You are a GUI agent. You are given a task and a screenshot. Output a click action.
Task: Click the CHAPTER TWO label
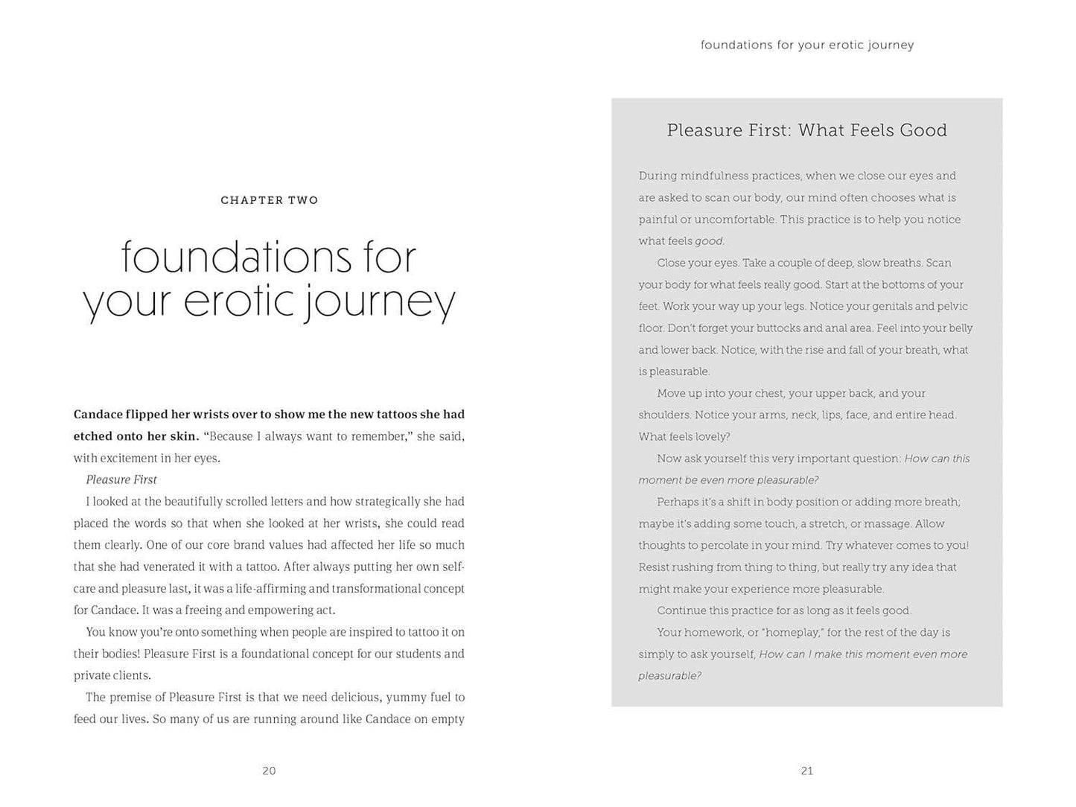click(x=270, y=200)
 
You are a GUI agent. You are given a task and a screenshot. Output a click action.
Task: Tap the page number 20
click(x=269, y=771)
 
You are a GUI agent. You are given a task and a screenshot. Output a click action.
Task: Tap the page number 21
click(x=806, y=771)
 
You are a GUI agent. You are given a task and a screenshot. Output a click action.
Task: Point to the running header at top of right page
click(x=806, y=45)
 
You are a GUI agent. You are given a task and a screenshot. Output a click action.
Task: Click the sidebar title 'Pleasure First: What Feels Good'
click(x=806, y=130)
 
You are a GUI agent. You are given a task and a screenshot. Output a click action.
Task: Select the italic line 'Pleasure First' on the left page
click(x=121, y=479)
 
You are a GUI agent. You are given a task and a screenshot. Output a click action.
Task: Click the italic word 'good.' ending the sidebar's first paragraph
click(x=709, y=241)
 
